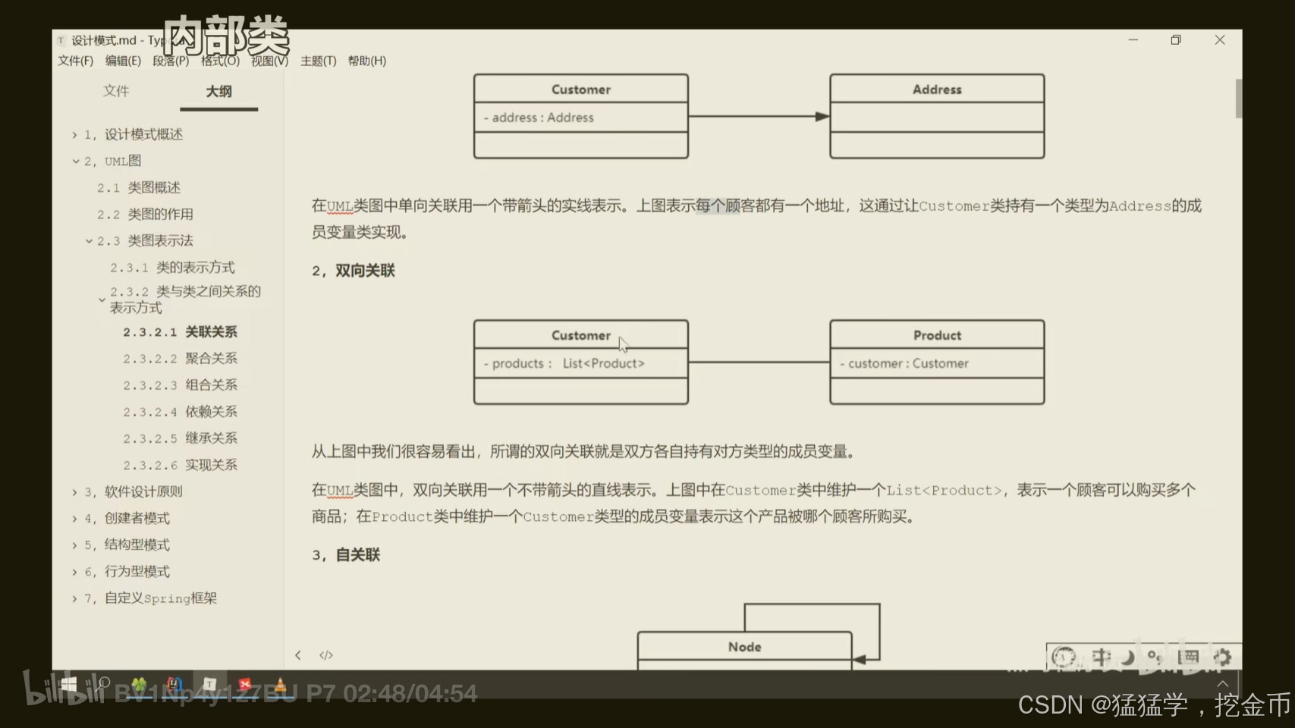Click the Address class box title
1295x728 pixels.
[x=937, y=89]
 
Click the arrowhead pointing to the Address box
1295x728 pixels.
[x=822, y=117]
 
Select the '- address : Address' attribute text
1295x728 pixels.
[x=539, y=118]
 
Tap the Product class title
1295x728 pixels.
[x=937, y=335]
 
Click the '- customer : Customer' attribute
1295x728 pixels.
[x=904, y=364]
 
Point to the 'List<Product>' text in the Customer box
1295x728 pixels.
[x=603, y=364]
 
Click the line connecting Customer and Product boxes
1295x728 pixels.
[x=759, y=362]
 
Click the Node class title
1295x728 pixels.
[x=744, y=647]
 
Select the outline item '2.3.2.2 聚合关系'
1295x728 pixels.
[x=181, y=359]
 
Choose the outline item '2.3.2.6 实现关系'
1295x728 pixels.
[x=181, y=465]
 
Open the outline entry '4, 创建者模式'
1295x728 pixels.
[x=127, y=519]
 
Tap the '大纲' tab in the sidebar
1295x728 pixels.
[x=218, y=92]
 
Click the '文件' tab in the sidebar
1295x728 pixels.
[x=116, y=91]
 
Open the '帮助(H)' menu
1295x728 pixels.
[x=366, y=61]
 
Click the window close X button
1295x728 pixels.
[x=1220, y=40]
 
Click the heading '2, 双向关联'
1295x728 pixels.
[x=354, y=271]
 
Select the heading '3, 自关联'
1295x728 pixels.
[x=346, y=555]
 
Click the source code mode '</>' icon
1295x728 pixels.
[x=326, y=655]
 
